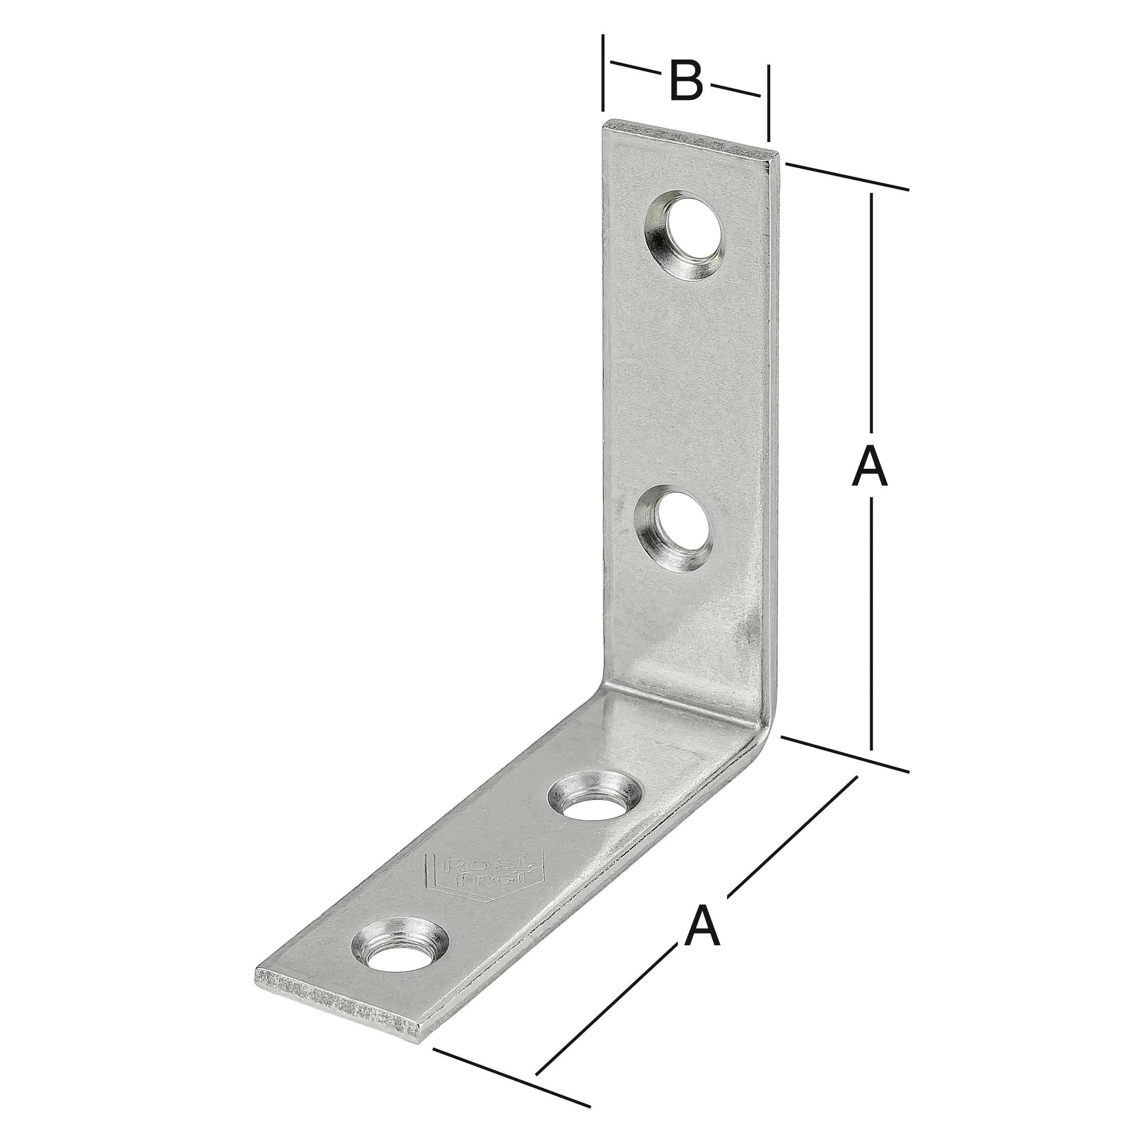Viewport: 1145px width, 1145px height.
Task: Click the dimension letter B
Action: tap(686, 81)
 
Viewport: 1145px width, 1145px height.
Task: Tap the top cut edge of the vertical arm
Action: tap(690, 139)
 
